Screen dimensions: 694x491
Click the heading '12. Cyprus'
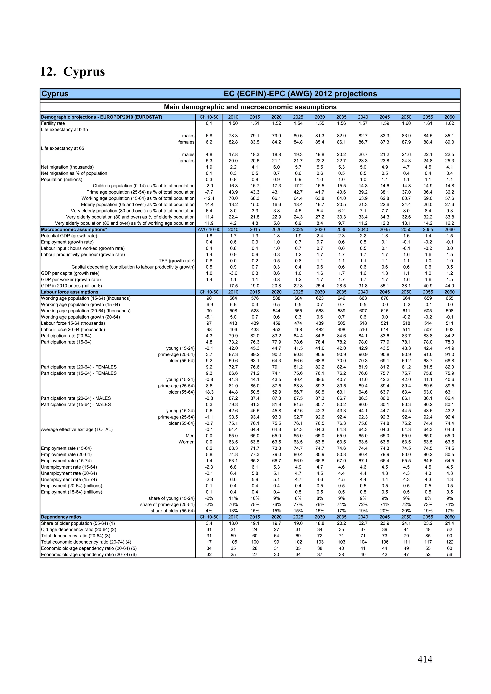point(73,72)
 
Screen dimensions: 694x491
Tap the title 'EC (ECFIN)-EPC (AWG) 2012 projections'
point(300,94)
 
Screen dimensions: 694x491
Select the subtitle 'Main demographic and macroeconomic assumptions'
point(250,107)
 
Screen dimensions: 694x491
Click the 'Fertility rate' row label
point(53,123)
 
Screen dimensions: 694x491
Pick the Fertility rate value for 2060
point(449,123)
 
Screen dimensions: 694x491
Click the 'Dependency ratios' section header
point(61,517)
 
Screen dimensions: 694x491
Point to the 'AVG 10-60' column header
point(209,229)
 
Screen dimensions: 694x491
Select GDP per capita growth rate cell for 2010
point(233,273)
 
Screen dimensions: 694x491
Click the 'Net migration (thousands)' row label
point(67,167)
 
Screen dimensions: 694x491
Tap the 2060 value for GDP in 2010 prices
point(449,286)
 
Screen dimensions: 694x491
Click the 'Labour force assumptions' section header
point(70,292)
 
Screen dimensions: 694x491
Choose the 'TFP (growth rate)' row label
point(176,261)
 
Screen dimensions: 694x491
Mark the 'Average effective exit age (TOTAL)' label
point(76,430)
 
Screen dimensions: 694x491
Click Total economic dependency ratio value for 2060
point(449,542)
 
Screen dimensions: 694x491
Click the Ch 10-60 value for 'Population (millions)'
point(209,179)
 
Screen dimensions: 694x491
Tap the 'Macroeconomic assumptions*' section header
point(74,229)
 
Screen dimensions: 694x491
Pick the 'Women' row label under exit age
point(186,442)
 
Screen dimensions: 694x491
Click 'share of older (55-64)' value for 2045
point(385,511)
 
